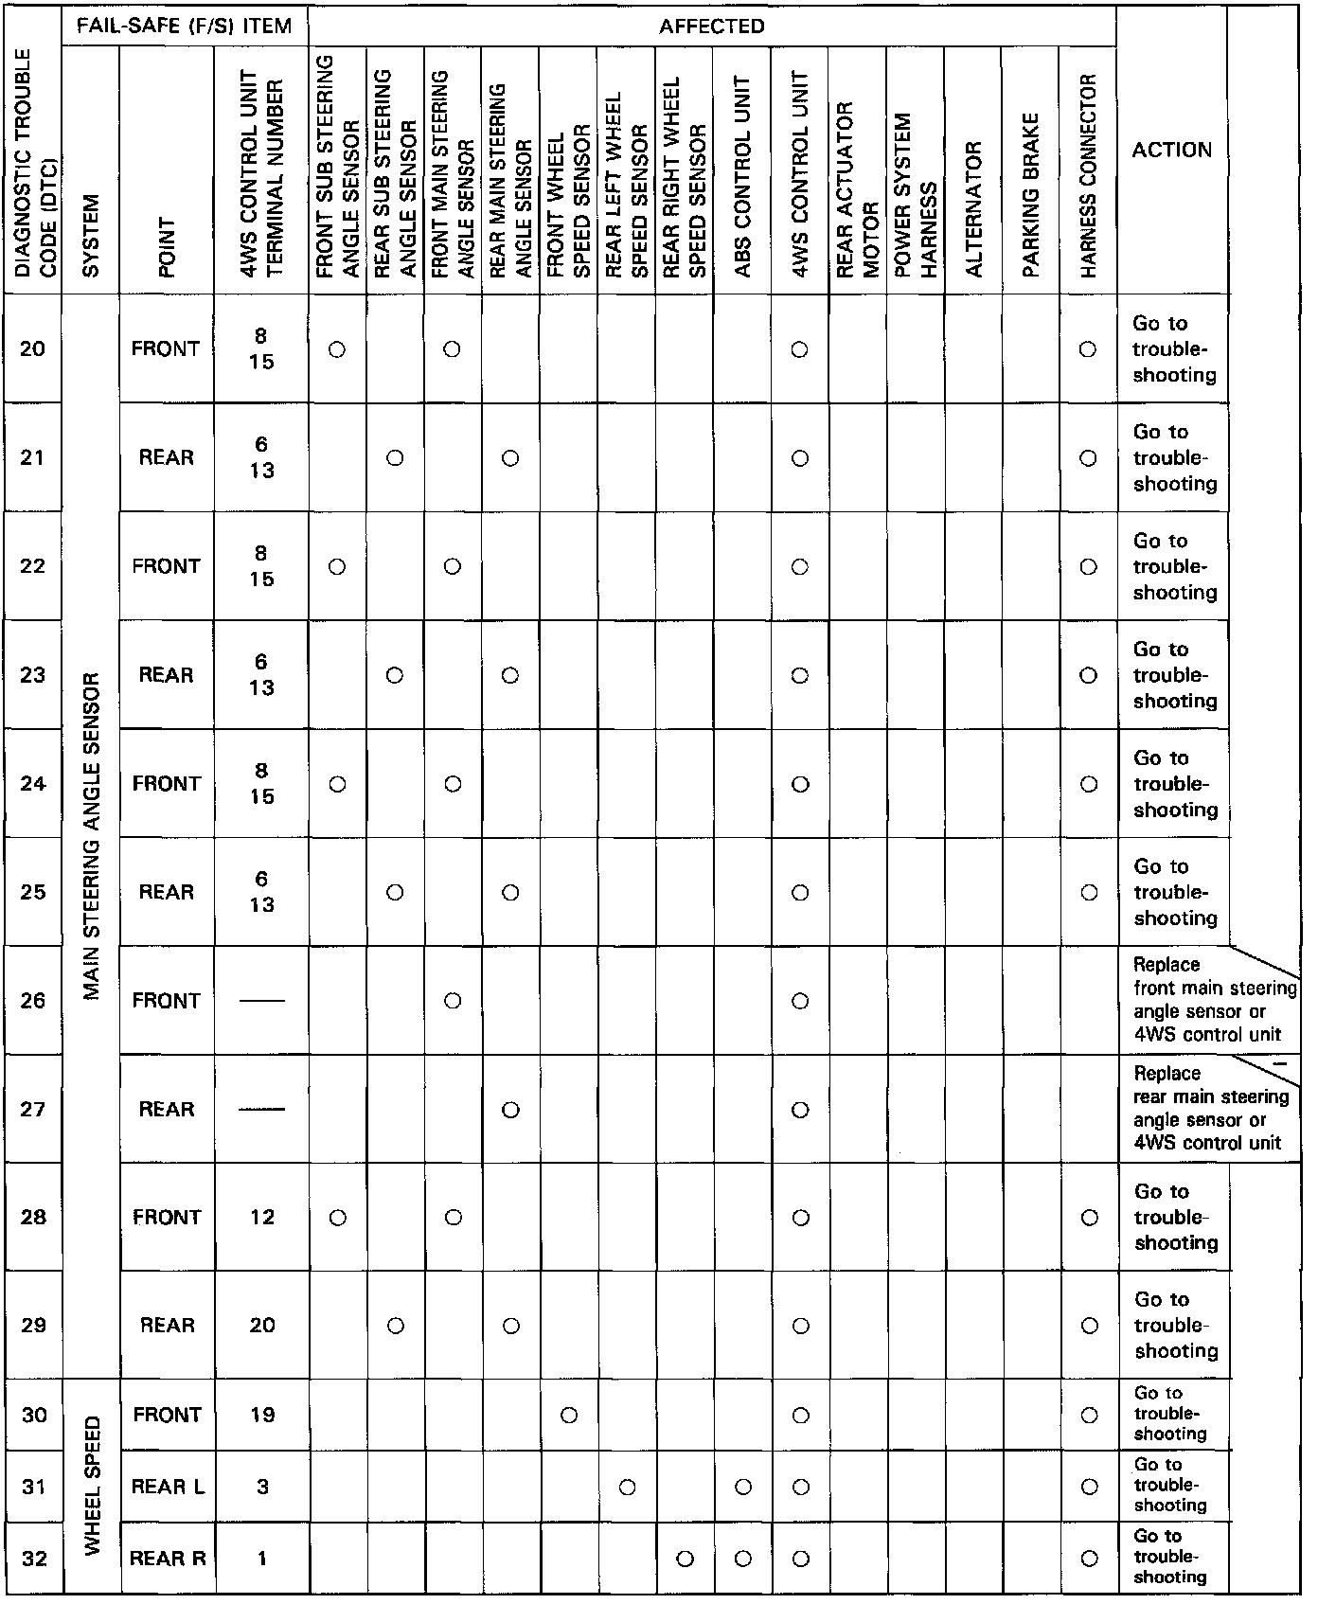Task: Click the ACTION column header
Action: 1171,150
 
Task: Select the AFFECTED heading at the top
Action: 711,26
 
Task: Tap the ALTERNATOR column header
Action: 973,208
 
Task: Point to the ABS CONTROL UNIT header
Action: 742,176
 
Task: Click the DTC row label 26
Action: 33,1001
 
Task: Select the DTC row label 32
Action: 33,1558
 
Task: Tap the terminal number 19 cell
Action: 262,1415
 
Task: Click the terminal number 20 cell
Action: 262,1325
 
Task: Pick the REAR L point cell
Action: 168,1487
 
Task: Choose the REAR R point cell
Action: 168,1558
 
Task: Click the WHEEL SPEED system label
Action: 92,1486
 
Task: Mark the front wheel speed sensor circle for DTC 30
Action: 569,1416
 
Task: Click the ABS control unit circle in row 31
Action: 743,1488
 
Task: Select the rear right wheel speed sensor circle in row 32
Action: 686,1559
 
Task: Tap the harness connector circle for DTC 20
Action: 1089,349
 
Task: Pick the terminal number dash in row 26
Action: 262,1002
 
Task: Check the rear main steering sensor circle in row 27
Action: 511,1110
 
